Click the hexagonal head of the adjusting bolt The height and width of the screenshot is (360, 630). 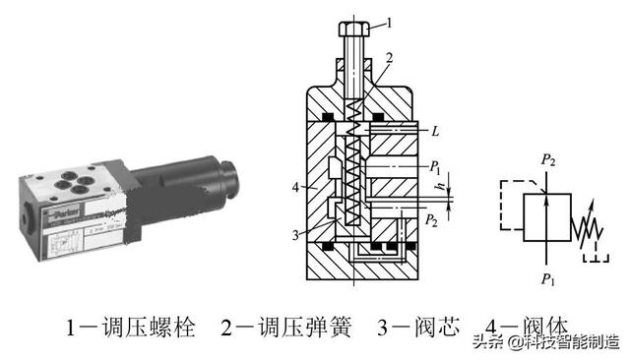pos(353,28)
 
